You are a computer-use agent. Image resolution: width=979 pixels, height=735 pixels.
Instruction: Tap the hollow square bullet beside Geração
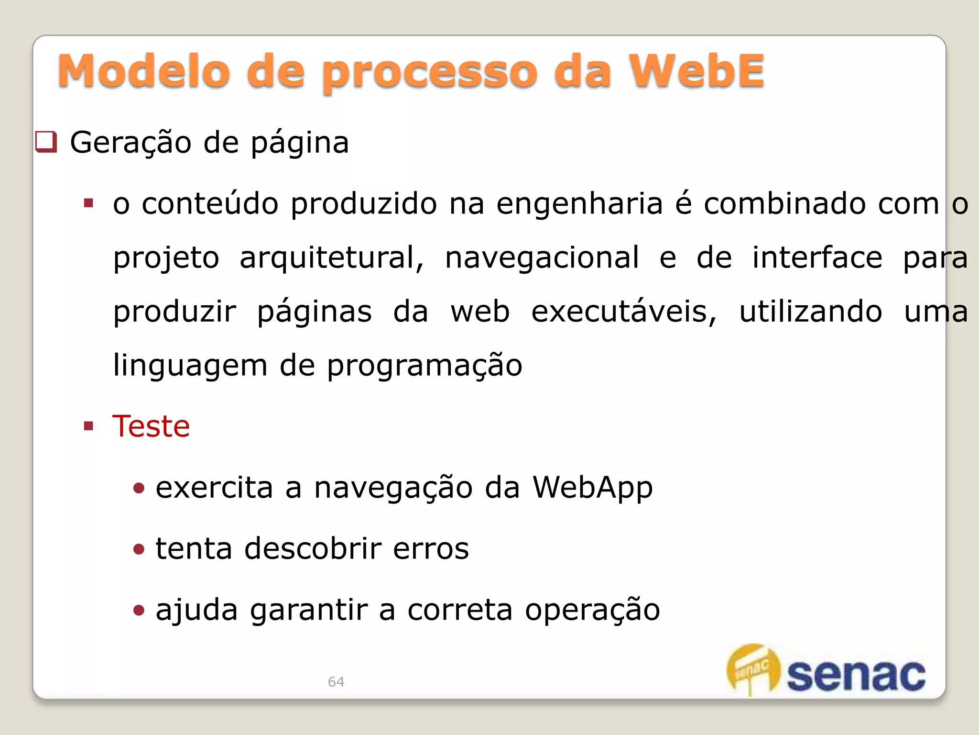(46, 142)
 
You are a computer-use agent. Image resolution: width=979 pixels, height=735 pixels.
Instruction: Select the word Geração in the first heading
(131, 143)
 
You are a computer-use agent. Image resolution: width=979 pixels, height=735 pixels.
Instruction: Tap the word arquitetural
(331, 258)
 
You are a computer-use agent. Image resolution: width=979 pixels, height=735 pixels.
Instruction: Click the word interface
(817, 257)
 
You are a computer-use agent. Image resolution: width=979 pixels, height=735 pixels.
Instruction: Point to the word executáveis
(624, 312)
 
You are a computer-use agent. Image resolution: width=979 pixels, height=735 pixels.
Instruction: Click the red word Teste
(151, 426)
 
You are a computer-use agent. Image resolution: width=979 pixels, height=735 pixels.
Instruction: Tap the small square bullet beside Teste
(88, 426)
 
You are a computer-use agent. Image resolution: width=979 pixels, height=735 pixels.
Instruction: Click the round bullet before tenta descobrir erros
(139, 549)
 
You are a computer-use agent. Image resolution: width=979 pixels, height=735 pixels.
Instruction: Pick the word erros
(431, 549)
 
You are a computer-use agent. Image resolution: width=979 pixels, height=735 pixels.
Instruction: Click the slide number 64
(336, 681)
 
